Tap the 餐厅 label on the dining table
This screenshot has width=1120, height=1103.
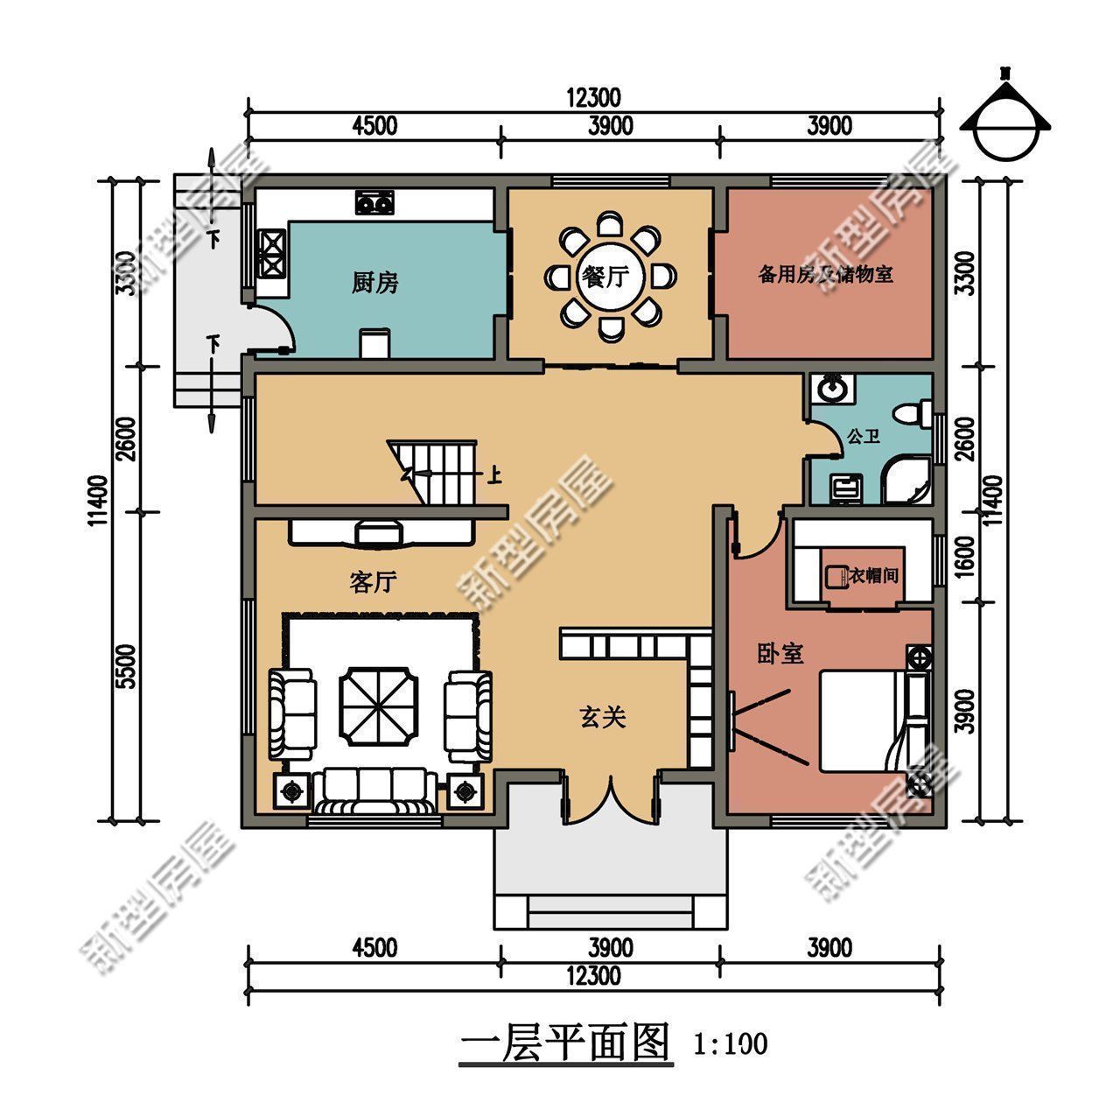click(604, 278)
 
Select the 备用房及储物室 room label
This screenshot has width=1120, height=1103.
click(825, 275)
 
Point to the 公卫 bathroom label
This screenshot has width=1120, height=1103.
click(863, 435)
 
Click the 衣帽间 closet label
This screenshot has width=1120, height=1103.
click(873, 575)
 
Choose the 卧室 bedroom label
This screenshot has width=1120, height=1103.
click(780, 654)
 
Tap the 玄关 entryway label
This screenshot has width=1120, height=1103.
click(603, 718)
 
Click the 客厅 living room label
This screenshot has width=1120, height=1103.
click(374, 582)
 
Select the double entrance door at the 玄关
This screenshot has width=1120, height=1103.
click(610, 797)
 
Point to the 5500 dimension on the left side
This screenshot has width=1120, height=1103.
click(126, 667)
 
